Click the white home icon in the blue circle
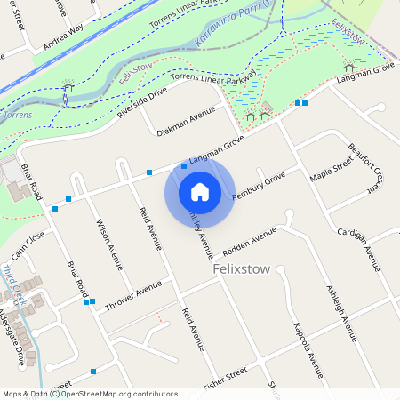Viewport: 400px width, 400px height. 200,191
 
